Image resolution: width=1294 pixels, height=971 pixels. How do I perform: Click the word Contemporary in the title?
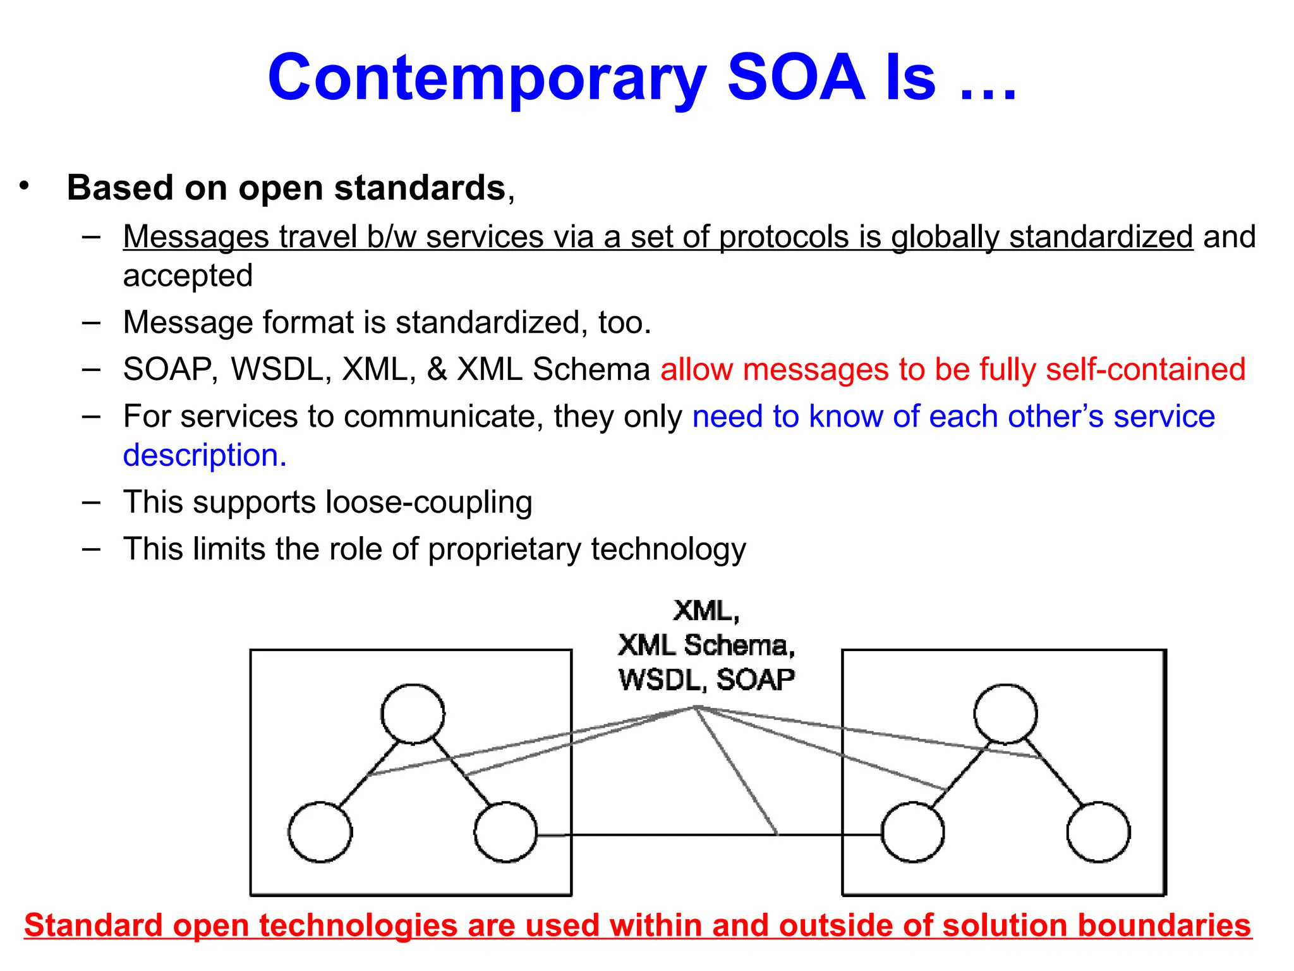click(486, 78)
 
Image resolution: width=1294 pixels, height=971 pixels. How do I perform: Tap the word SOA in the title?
click(796, 77)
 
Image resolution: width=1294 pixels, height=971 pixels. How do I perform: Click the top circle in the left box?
click(413, 714)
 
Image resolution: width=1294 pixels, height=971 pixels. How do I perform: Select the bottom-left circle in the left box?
click(320, 832)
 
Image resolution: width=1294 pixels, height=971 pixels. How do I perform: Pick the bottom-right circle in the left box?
click(505, 832)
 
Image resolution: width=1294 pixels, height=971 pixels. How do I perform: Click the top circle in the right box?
click(1005, 714)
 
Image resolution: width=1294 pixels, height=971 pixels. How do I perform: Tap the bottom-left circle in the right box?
click(912, 832)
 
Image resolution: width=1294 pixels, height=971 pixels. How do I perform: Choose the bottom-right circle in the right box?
click(1098, 832)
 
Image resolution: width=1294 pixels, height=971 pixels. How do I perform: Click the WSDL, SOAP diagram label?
click(706, 680)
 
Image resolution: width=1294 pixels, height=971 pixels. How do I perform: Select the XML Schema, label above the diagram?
click(706, 645)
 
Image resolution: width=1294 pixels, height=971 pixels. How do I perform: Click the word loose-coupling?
click(428, 503)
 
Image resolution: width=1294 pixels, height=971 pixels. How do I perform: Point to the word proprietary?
click(504, 549)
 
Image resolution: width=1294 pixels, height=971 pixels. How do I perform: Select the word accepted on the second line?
click(188, 276)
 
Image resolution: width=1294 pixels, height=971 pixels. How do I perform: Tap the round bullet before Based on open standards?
click(24, 186)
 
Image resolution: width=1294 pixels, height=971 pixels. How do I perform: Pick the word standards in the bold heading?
click(420, 188)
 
